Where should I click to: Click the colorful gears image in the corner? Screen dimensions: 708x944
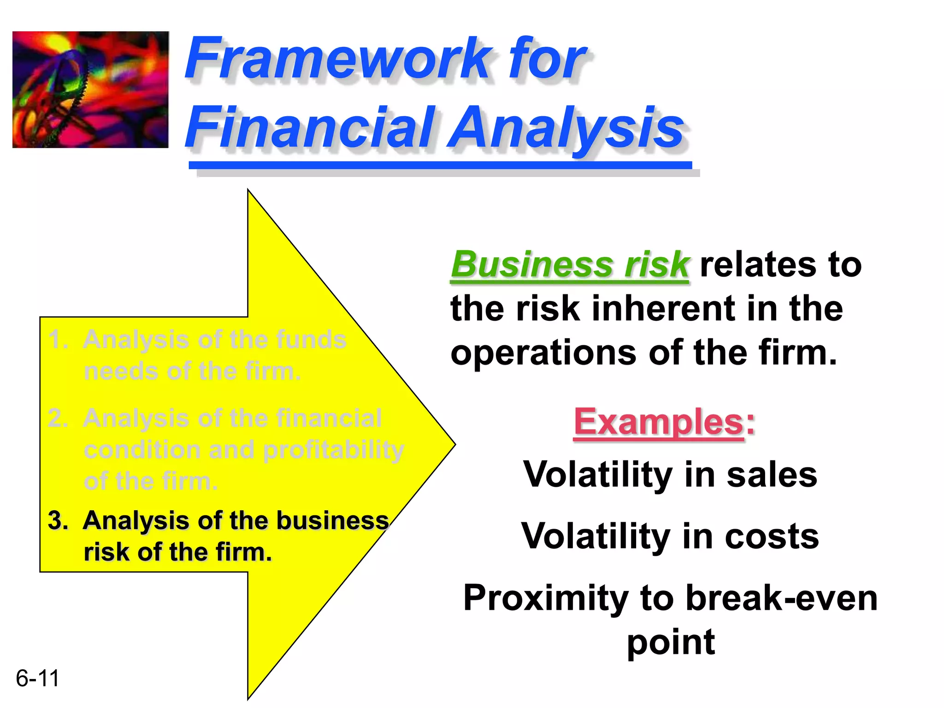(90, 89)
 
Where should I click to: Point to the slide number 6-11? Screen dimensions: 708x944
(37, 678)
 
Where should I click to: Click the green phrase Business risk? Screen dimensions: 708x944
(570, 265)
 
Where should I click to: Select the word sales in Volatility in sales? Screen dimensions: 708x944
(772, 475)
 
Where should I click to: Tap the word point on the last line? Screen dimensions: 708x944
(671, 643)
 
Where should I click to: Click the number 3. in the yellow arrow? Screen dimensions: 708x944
(58, 521)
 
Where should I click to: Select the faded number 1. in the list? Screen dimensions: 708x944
(58, 340)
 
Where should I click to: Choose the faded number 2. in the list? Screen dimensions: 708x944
(58, 419)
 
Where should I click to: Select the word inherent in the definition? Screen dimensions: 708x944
(664, 309)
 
